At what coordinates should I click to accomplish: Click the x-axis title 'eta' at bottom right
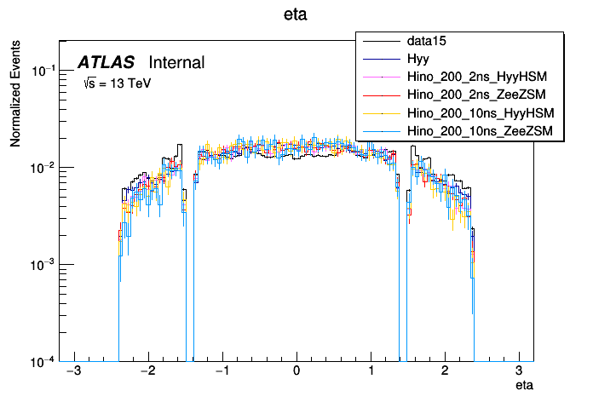525,387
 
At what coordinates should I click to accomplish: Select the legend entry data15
427,41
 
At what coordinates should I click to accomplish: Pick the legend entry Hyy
417,59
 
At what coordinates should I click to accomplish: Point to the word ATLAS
106,63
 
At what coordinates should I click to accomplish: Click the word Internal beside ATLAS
176,63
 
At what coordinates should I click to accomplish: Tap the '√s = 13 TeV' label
116,83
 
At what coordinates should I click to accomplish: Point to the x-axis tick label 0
296,372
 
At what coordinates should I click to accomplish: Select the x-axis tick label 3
519,372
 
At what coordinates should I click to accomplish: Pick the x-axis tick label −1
221,372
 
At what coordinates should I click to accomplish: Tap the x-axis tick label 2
445,372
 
